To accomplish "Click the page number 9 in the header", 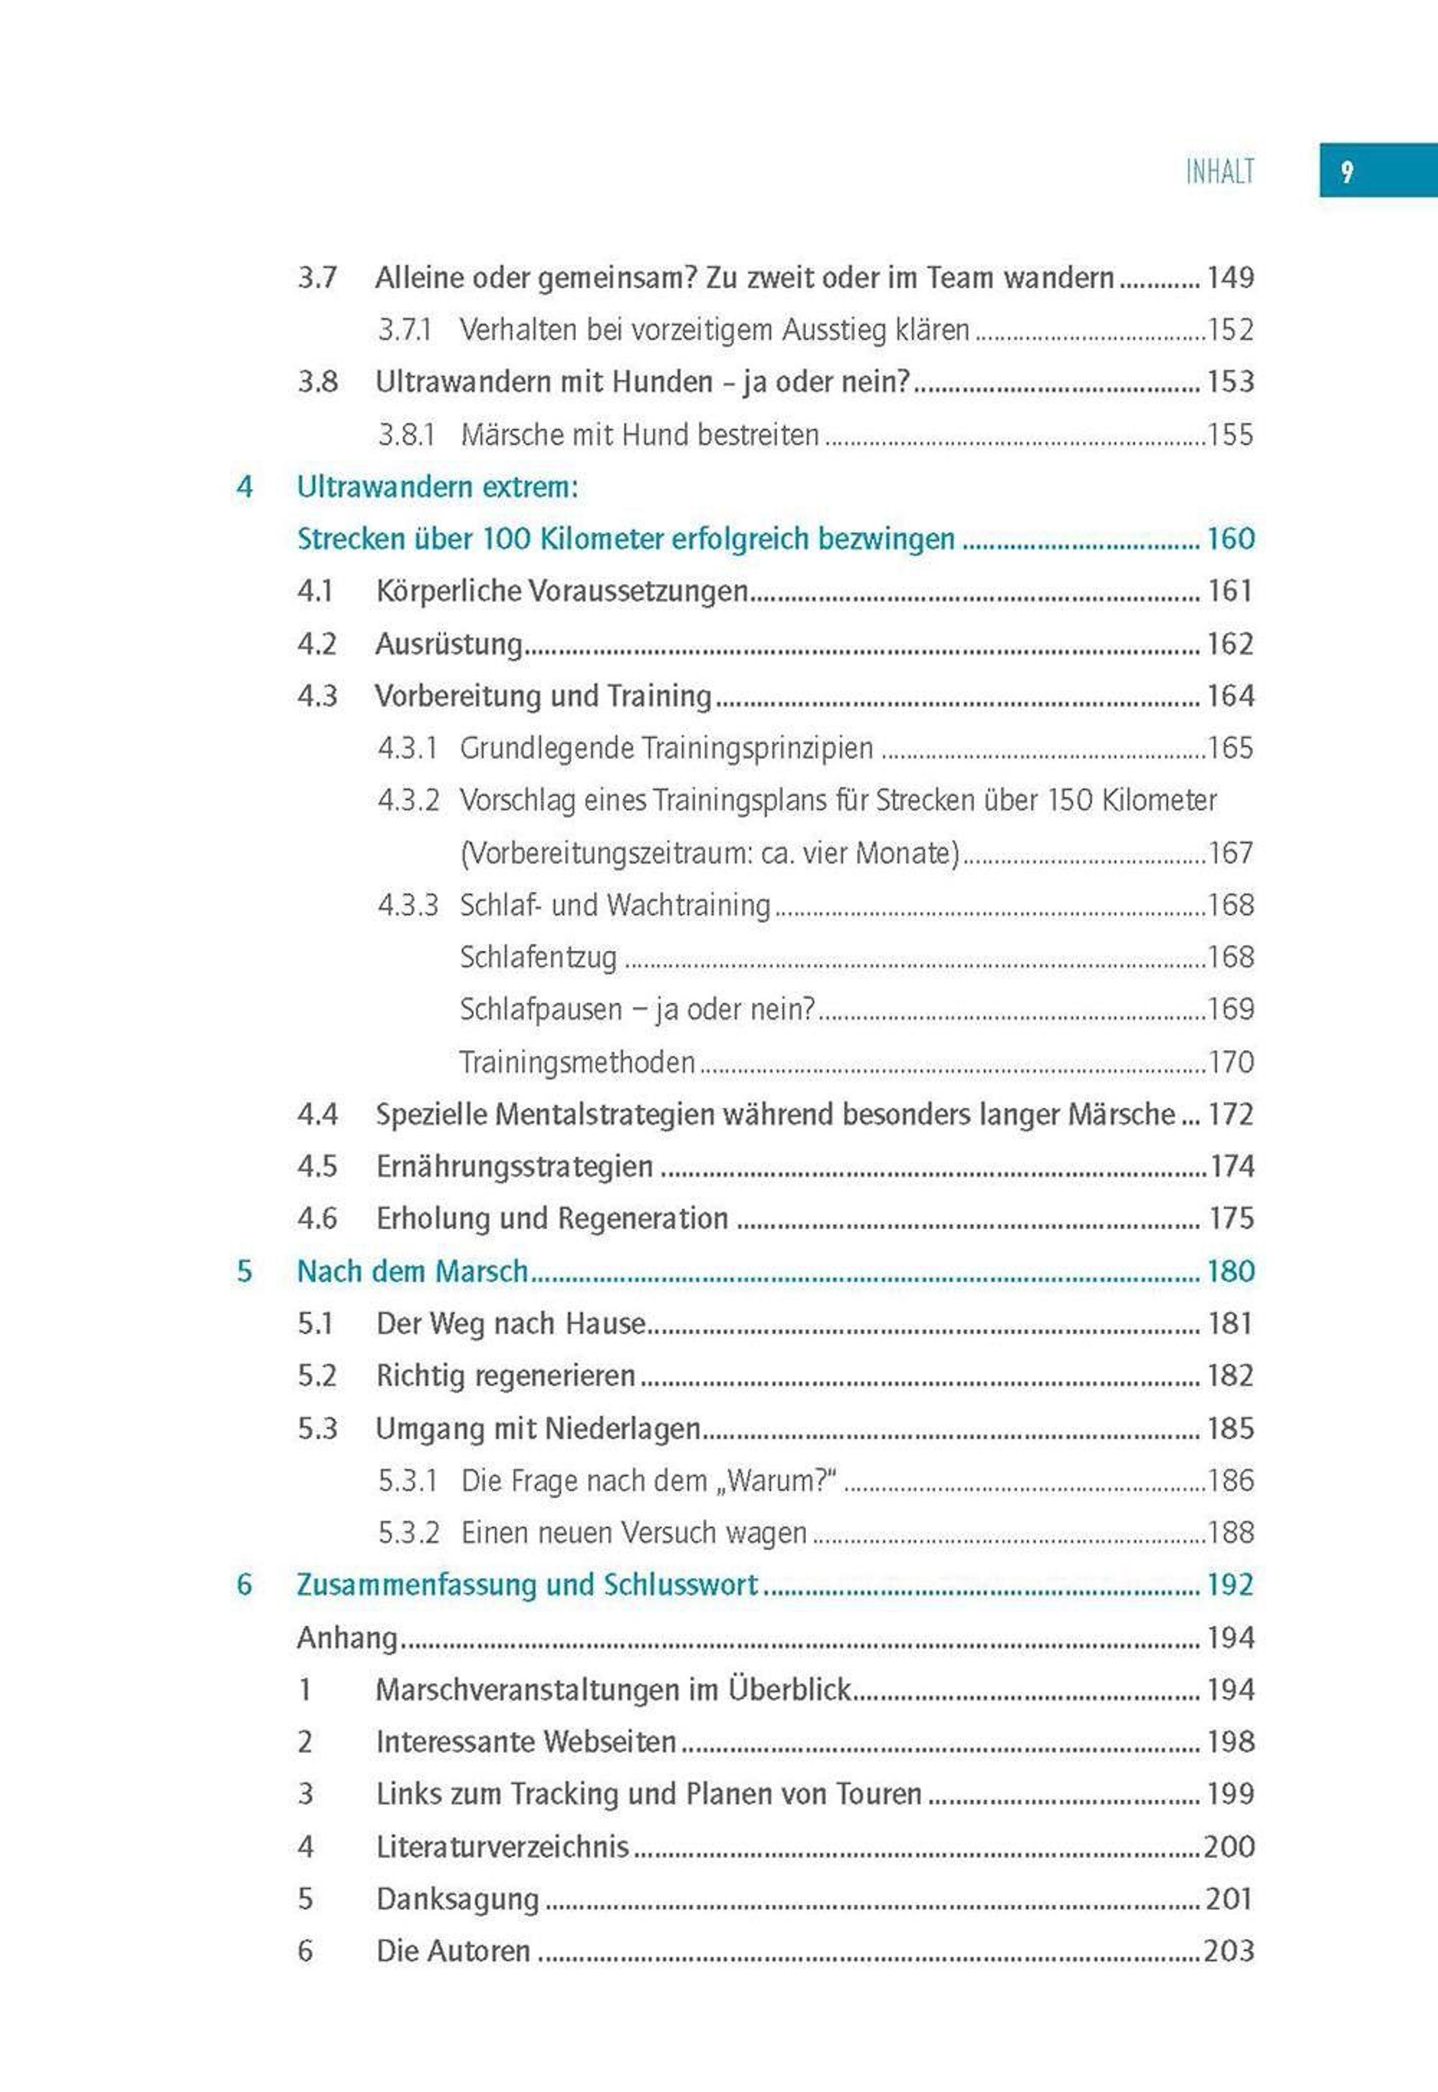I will pyautogui.click(x=1346, y=171).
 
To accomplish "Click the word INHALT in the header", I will pyautogui.click(x=1219, y=171).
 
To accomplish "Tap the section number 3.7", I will pyautogui.click(x=317, y=278).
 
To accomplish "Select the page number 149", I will pyautogui.click(x=1230, y=278).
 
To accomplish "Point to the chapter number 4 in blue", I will pyautogui.click(x=244, y=487).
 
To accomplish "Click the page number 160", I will pyautogui.click(x=1230, y=539).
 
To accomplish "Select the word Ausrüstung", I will pyautogui.click(x=449, y=644).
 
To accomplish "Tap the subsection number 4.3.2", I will pyautogui.click(x=408, y=800).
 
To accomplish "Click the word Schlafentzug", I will pyautogui.click(x=538, y=957).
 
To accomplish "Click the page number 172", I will pyautogui.click(x=1230, y=1114).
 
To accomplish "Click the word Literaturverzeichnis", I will pyautogui.click(x=502, y=1846).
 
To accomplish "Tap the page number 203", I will pyautogui.click(x=1229, y=1951).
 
